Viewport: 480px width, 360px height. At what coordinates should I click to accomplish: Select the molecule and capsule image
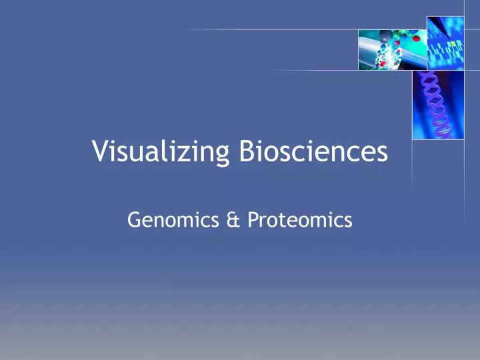point(384,49)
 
